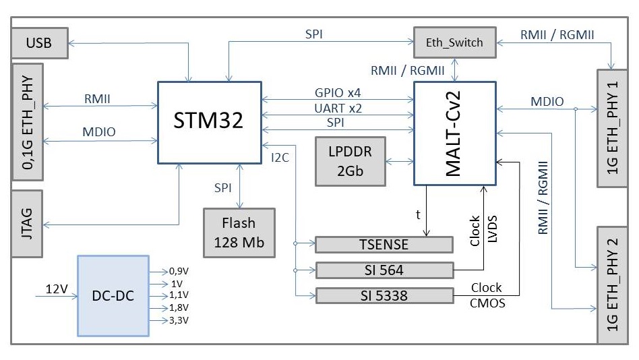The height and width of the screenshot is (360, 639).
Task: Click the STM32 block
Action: click(x=209, y=122)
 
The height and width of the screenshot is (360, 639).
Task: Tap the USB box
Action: click(x=39, y=44)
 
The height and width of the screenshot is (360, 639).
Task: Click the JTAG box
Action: click(x=27, y=223)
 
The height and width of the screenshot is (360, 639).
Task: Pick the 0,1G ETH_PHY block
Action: click(x=27, y=122)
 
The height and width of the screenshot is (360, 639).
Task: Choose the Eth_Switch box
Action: click(x=454, y=42)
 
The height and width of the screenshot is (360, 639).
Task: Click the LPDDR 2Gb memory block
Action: click(x=350, y=162)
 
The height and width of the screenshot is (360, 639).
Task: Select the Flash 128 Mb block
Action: click(x=239, y=233)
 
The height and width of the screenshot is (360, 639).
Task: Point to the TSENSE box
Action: click(x=384, y=244)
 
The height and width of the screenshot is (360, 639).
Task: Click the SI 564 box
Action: click(x=384, y=270)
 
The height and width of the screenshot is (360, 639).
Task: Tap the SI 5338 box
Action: click(x=384, y=295)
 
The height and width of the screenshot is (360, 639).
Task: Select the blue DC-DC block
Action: click(x=113, y=295)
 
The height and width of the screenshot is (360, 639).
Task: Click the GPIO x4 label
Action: click(x=338, y=92)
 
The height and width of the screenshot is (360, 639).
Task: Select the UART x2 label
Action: click(x=338, y=108)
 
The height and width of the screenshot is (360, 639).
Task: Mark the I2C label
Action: click(x=280, y=157)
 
